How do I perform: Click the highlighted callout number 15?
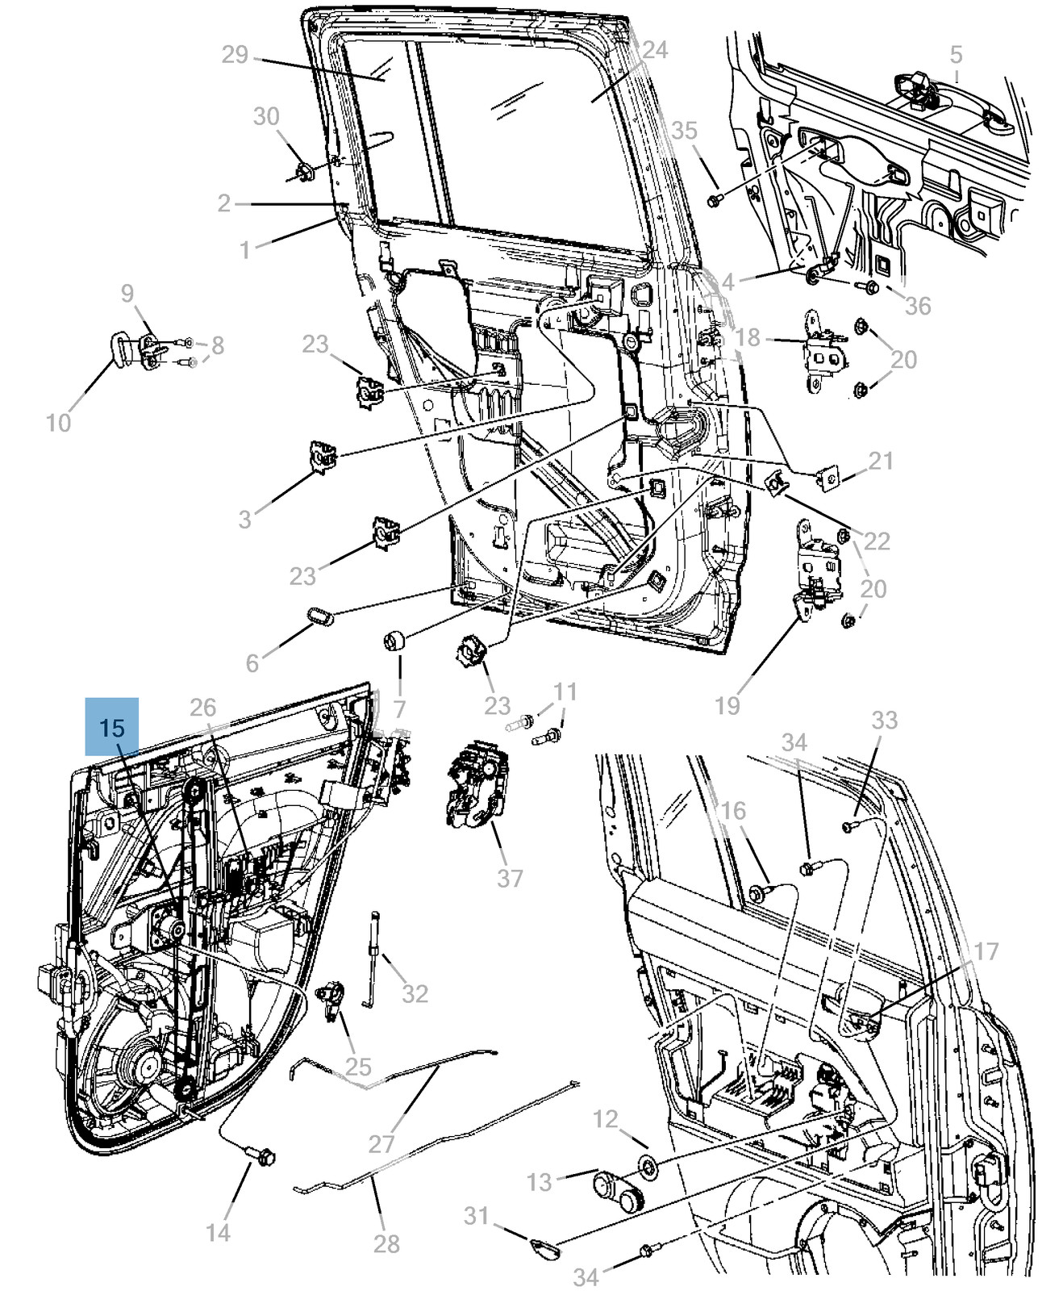pyautogui.click(x=112, y=728)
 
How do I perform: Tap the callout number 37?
pyautogui.click(x=510, y=876)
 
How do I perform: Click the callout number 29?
pyautogui.click(x=235, y=56)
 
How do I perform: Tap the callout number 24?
pyautogui.click(x=654, y=50)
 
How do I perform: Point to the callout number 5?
pyautogui.click(x=956, y=55)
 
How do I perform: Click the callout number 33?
pyautogui.click(x=884, y=719)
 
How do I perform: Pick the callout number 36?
pyautogui.click(x=918, y=305)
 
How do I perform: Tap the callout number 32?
pyautogui.click(x=415, y=992)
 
